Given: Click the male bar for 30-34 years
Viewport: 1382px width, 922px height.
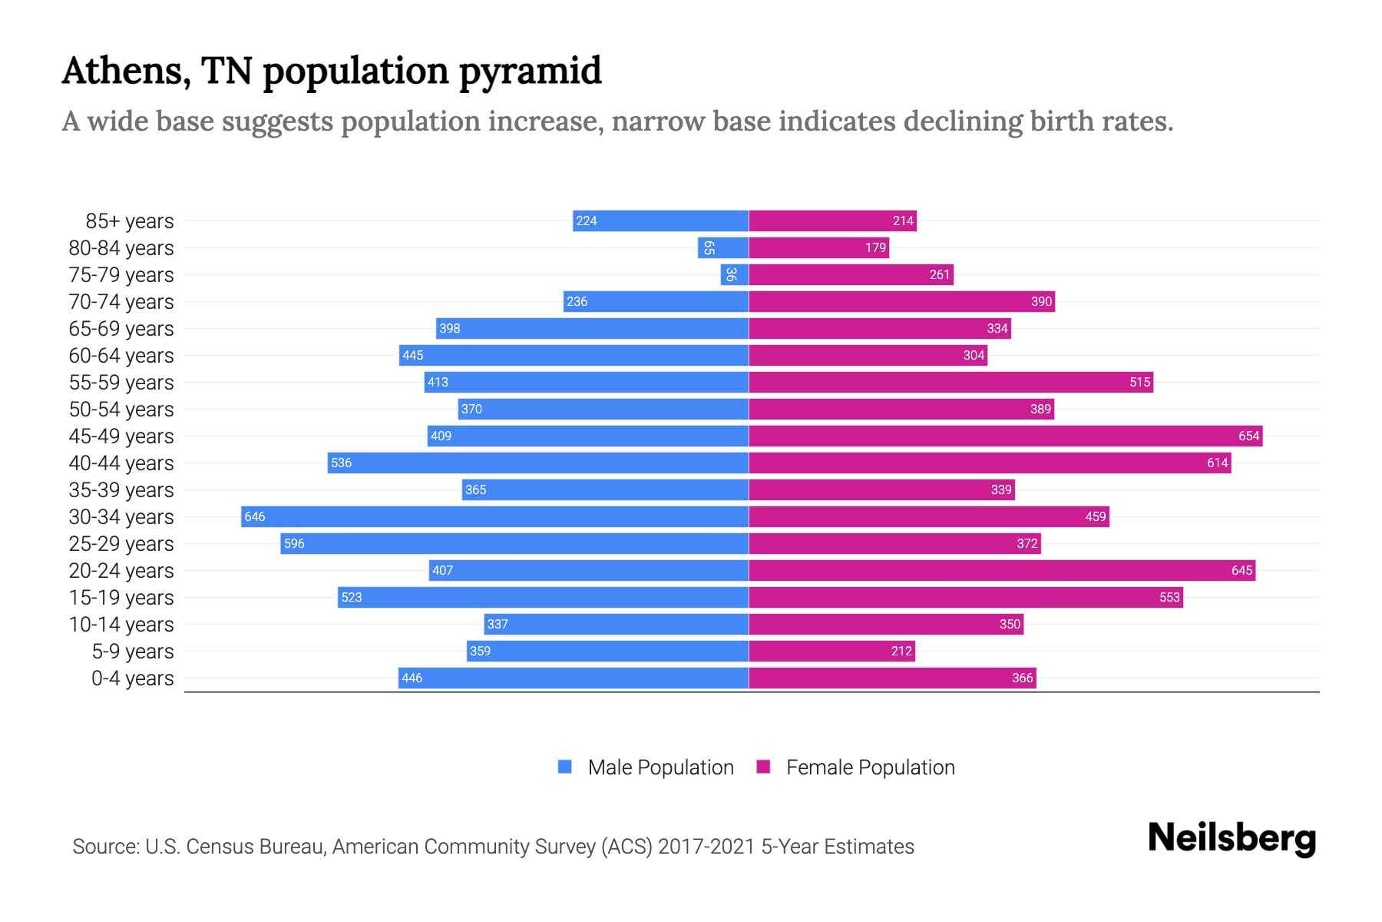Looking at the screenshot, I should click(x=495, y=516).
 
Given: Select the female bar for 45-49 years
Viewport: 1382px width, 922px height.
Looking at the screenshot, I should click(x=1005, y=436).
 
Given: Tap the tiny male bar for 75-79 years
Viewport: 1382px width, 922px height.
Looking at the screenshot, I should click(x=734, y=274).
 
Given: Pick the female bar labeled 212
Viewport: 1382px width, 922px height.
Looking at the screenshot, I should click(x=832, y=651).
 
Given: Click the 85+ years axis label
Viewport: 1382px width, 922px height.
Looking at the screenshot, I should click(x=130, y=221).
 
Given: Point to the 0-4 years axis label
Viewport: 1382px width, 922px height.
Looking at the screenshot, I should click(x=132, y=678).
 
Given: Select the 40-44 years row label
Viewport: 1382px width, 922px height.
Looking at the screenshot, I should click(x=121, y=463).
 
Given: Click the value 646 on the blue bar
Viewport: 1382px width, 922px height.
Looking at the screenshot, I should click(x=255, y=516).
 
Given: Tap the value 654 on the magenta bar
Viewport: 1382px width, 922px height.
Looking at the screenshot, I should click(x=1248, y=436).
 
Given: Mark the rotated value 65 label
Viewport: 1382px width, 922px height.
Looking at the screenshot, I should click(x=709, y=247).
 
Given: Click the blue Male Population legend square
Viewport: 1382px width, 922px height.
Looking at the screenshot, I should click(x=565, y=767).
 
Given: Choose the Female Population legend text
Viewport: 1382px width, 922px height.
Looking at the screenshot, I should click(x=870, y=768).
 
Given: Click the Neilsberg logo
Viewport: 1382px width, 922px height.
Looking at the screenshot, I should click(x=1232, y=838).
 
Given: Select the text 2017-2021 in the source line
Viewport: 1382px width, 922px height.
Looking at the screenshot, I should click(x=706, y=847).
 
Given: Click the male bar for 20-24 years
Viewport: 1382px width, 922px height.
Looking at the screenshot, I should click(x=588, y=570).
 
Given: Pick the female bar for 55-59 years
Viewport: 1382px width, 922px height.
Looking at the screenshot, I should click(x=951, y=382).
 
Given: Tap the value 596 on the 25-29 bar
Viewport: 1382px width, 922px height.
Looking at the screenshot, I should click(x=294, y=543).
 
